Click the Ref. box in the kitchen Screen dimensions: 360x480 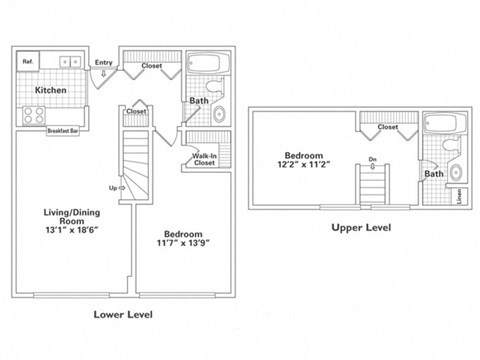pyautogui.click(x=28, y=62)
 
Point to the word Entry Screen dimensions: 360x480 pyautogui.click(x=103, y=63)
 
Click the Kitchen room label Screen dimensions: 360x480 pyautogui.click(x=52, y=90)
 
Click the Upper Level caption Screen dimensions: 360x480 pyautogui.click(x=360, y=227)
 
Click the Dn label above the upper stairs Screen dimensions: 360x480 pyautogui.click(x=372, y=160)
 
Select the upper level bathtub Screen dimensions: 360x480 pyautogui.click(x=444, y=126)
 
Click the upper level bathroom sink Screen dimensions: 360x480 pyautogui.click(x=456, y=172)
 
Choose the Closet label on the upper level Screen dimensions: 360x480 pyautogui.click(x=388, y=128)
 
